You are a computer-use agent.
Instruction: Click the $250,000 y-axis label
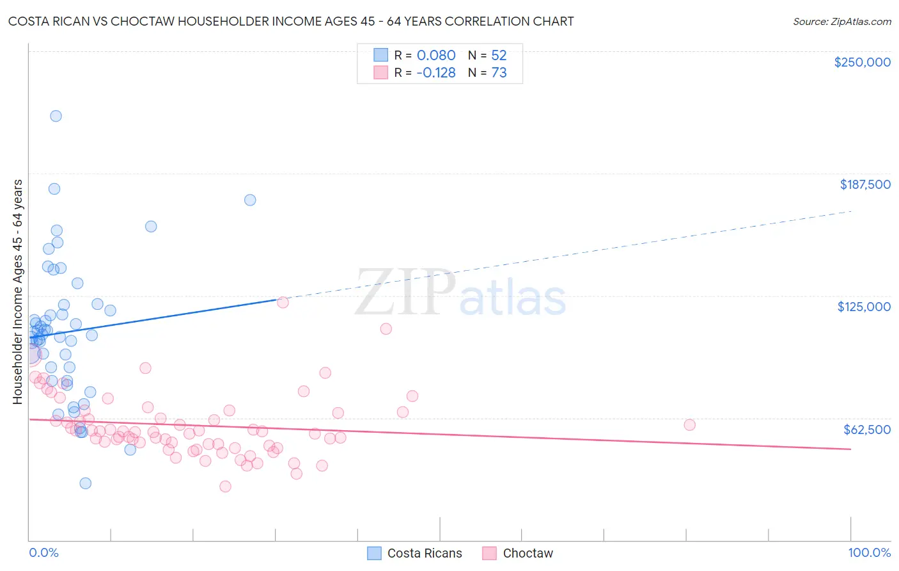(x=862, y=62)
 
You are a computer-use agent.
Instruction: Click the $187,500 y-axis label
(x=864, y=184)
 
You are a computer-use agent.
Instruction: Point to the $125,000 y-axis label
(x=864, y=307)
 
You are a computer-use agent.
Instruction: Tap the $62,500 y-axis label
(x=866, y=430)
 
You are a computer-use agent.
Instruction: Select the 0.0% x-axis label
(x=43, y=553)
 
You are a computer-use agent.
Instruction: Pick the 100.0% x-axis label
(x=869, y=553)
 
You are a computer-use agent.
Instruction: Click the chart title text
(x=291, y=21)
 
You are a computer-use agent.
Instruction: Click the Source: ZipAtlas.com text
(x=841, y=21)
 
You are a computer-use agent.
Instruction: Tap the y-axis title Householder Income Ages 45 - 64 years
(x=18, y=291)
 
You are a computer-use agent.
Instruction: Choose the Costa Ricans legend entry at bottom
(x=414, y=553)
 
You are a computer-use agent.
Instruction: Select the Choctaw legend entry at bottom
(x=517, y=553)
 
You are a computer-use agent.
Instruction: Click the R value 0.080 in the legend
(x=436, y=55)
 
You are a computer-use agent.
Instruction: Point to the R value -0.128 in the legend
(x=435, y=72)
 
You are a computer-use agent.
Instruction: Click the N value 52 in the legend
(x=499, y=55)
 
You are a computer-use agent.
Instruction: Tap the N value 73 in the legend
(x=499, y=72)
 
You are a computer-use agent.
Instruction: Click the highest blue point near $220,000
(x=56, y=116)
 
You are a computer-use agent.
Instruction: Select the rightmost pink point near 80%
(x=689, y=425)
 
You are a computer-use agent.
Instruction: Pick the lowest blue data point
(x=85, y=483)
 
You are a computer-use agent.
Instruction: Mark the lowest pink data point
(x=225, y=487)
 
